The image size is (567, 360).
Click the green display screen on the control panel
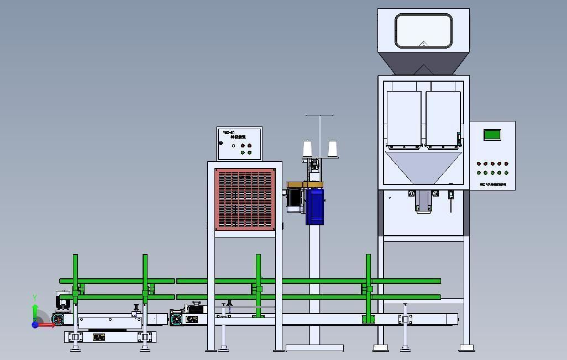(x=492, y=135)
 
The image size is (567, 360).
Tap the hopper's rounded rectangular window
(x=423, y=31)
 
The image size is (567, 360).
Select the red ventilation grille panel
(x=245, y=199)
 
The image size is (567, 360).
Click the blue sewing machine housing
(x=314, y=207)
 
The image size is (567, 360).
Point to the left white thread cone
(x=308, y=149)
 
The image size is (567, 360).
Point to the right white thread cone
(x=332, y=149)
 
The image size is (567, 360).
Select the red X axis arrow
(x=48, y=325)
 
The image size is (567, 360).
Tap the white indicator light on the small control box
(x=233, y=146)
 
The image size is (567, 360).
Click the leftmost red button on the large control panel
(x=479, y=163)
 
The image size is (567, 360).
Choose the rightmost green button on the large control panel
(x=506, y=173)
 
